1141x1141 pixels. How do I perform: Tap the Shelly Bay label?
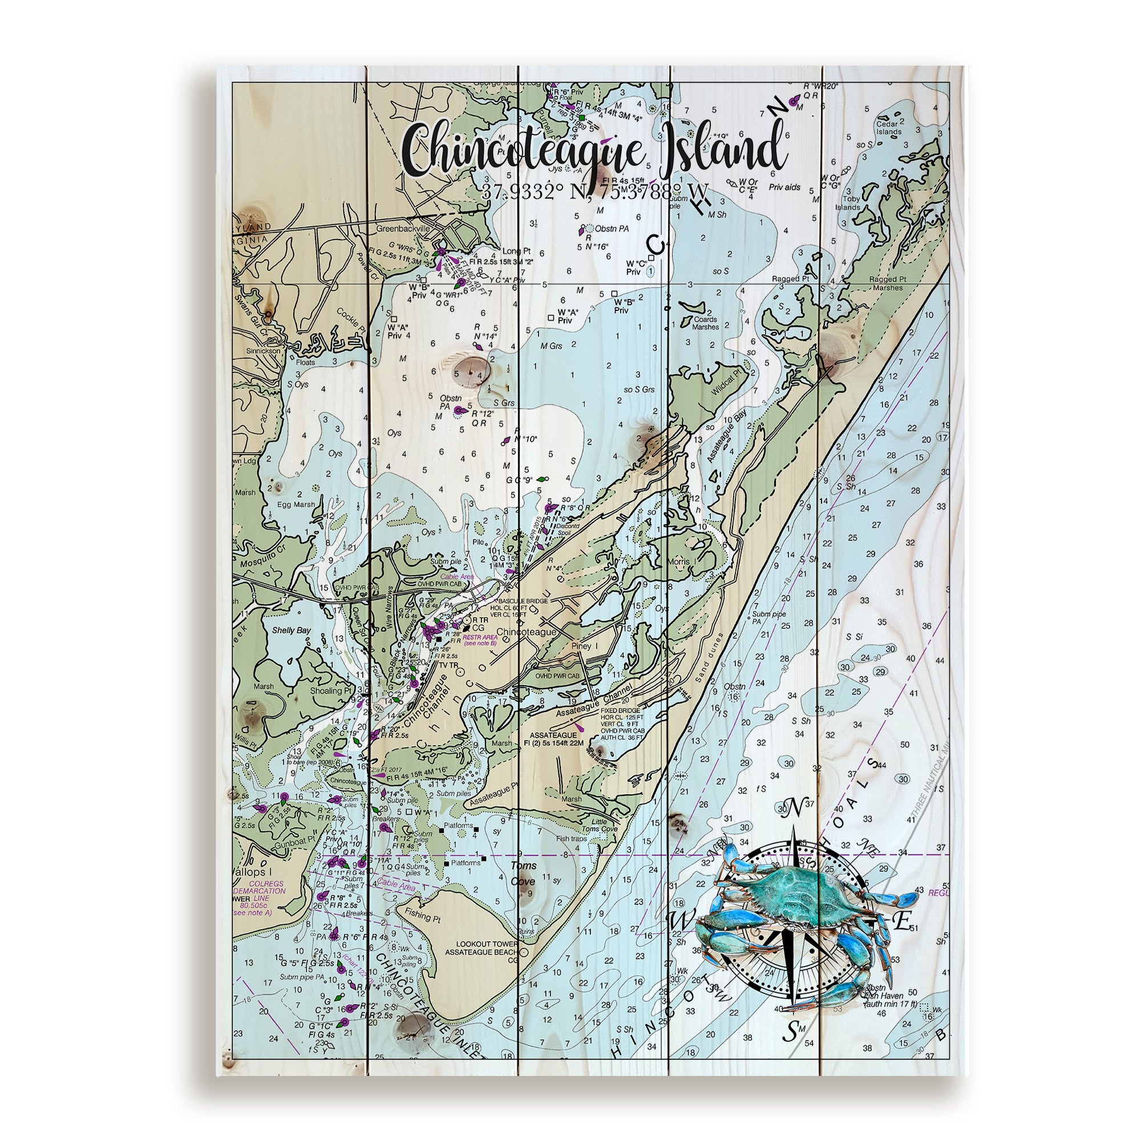tap(291, 631)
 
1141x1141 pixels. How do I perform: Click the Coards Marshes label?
tap(706, 323)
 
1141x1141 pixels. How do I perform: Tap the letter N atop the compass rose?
tap(795, 806)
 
